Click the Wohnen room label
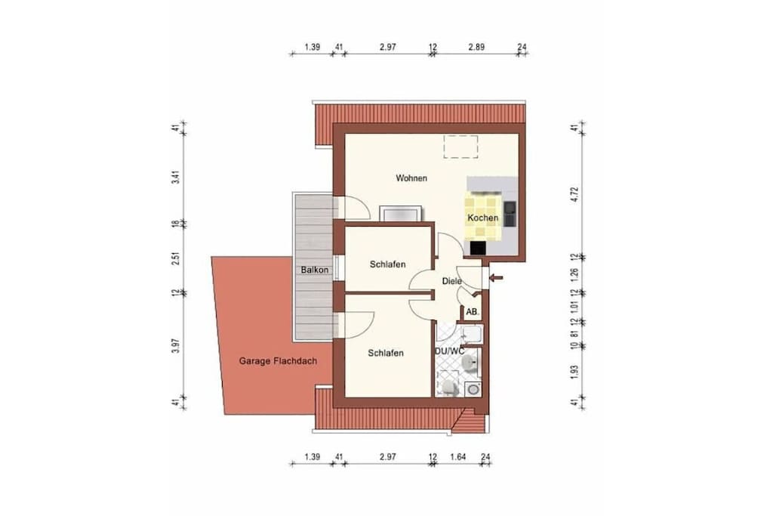411,178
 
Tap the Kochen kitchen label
482,218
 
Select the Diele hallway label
451,281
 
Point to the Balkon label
315,270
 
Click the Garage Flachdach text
278,360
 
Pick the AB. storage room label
473,312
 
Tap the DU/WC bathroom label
449,351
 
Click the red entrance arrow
495,278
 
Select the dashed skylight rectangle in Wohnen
460,147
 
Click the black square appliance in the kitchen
478,247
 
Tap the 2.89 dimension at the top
476,48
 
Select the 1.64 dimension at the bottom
457,457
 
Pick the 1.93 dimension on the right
574,372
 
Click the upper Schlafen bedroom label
387,264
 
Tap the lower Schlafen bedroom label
386,354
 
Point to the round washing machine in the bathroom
473,390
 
